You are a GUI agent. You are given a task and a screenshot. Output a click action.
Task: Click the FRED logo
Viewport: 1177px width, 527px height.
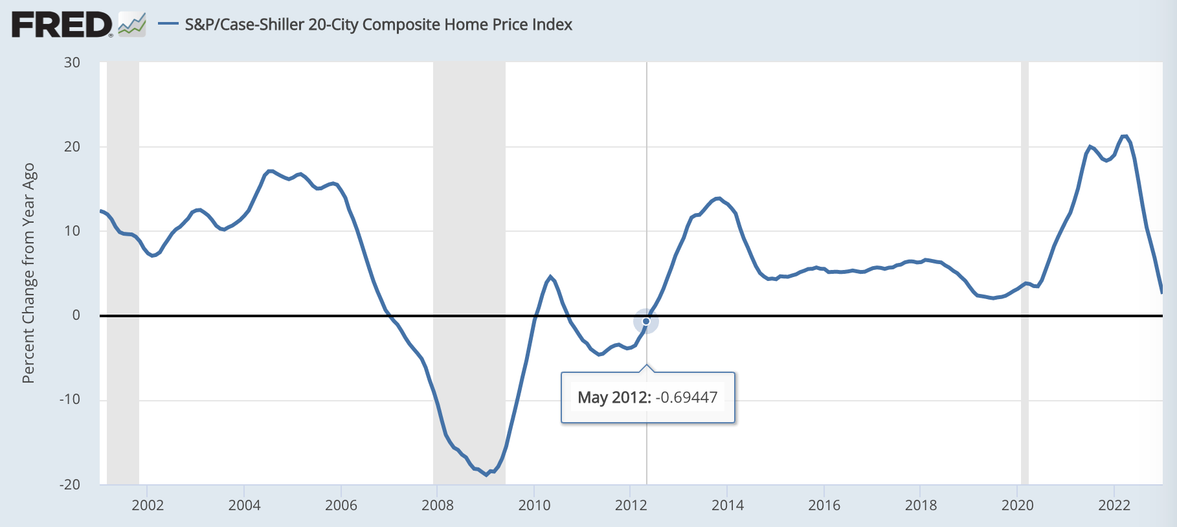[62, 25]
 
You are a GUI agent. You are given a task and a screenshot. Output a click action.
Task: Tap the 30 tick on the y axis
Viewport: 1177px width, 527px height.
[72, 63]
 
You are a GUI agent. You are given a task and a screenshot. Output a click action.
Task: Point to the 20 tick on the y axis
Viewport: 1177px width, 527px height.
[72, 146]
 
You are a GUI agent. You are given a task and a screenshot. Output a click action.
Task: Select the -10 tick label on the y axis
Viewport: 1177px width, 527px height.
[69, 399]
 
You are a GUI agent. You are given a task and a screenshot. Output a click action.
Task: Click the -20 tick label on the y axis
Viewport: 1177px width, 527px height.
[69, 484]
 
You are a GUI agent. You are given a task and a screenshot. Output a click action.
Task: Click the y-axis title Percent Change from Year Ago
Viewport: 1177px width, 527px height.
[28, 273]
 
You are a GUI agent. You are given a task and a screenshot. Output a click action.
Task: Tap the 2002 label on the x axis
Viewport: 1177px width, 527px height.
[148, 506]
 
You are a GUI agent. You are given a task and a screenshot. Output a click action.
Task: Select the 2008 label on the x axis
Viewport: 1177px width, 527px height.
[438, 506]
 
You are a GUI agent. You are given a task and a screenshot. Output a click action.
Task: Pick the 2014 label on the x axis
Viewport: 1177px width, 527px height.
[728, 506]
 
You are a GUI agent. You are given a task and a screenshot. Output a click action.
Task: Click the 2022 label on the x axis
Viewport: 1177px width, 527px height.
[1114, 506]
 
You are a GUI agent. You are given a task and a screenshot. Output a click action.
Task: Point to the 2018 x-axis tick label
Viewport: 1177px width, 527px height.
[921, 506]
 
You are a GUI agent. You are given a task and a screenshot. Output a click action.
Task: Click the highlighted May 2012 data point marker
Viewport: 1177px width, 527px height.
[646, 321]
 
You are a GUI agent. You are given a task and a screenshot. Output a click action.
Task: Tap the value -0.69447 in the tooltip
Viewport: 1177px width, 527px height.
[686, 398]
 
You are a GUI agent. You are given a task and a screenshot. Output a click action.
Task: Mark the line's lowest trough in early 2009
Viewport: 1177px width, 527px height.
[487, 475]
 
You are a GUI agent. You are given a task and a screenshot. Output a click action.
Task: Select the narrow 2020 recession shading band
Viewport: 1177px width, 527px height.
[1025, 272]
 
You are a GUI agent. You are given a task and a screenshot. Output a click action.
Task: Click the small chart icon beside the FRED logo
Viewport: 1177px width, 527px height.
[132, 25]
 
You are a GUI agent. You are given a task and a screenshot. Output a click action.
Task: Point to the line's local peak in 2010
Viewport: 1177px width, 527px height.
[551, 277]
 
